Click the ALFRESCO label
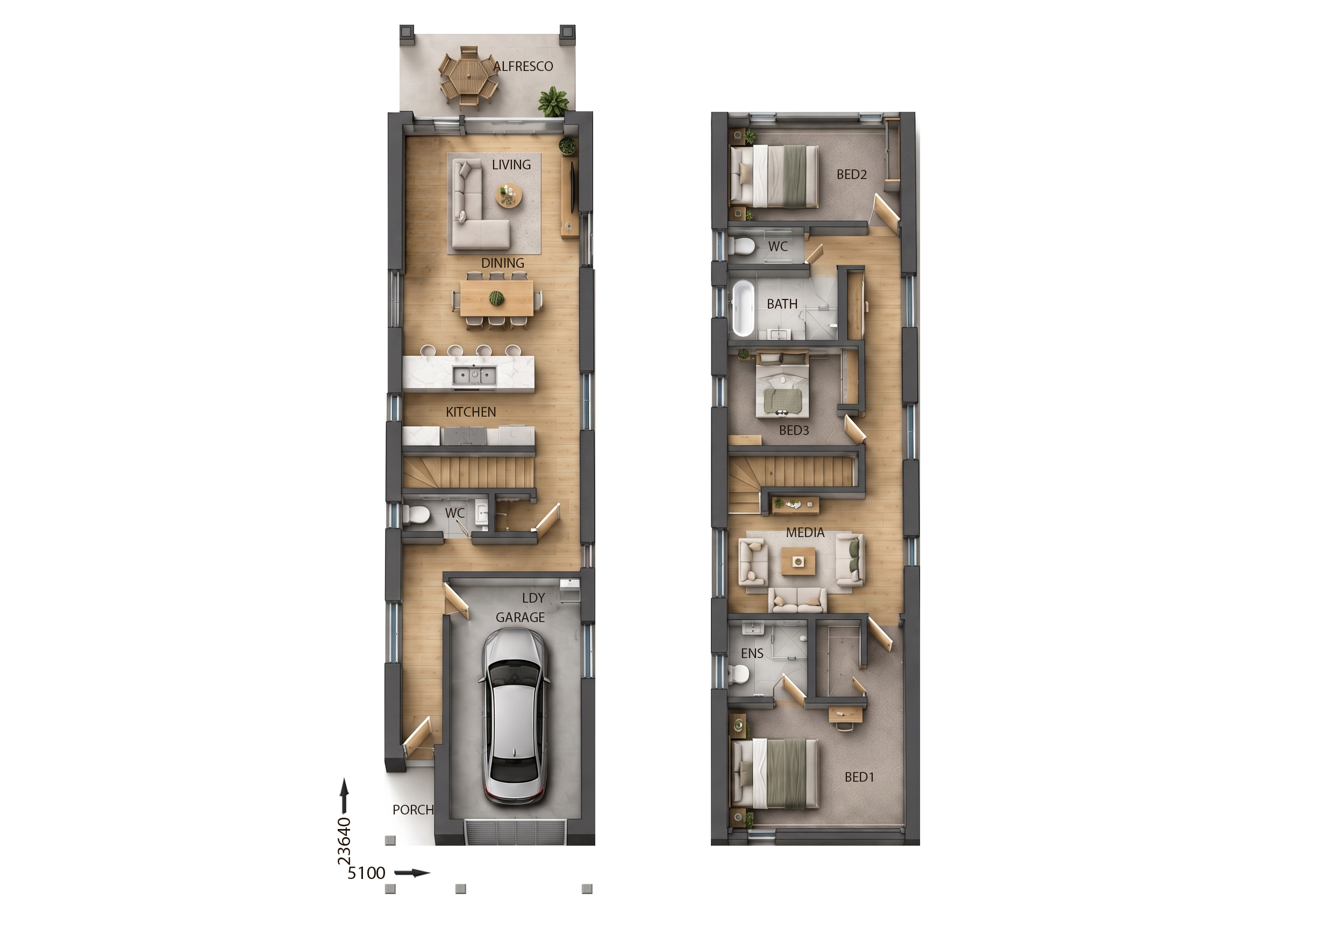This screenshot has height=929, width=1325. tap(523, 66)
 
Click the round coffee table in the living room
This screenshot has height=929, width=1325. tap(509, 195)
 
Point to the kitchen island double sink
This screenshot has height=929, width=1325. tap(474, 376)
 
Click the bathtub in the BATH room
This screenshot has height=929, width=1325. tap(743, 308)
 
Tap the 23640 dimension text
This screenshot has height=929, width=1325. tap(344, 841)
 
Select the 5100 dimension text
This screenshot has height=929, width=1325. tap(366, 873)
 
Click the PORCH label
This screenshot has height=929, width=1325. tap(413, 810)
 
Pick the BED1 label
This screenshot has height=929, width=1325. tap(859, 777)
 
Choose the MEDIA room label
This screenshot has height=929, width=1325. tap(805, 533)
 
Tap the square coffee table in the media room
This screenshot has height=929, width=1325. tap(798, 561)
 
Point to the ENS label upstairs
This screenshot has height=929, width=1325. tap(752, 653)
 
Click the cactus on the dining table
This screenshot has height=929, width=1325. tap(496, 298)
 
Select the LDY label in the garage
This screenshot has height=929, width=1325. tap(533, 598)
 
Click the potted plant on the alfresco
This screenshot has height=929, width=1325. tap(553, 102)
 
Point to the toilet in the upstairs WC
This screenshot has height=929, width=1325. tap(741, 247)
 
